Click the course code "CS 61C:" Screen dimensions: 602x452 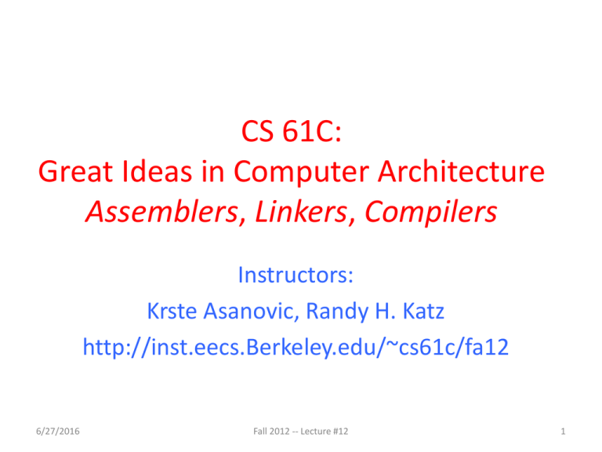(292, 132)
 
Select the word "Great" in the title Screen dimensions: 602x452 (75, 171)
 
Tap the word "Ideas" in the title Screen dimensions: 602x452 (157, 171)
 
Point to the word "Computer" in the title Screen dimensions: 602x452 (301, 172)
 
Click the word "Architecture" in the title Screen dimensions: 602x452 (461, 171)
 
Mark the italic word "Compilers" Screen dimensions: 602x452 (431, 213)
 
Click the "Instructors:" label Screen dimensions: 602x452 (296, 275)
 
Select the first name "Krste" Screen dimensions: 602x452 (172, 311)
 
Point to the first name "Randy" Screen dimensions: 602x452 (337, 312)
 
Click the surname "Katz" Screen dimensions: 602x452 (423, 311)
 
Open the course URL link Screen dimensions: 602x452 (296, 348)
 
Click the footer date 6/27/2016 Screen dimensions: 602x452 (57, 432)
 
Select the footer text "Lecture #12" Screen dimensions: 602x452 (324, 432)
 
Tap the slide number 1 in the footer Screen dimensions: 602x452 (563, 432)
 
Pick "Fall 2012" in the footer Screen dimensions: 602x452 (271, 432)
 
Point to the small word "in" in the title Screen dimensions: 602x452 (212, 171)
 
